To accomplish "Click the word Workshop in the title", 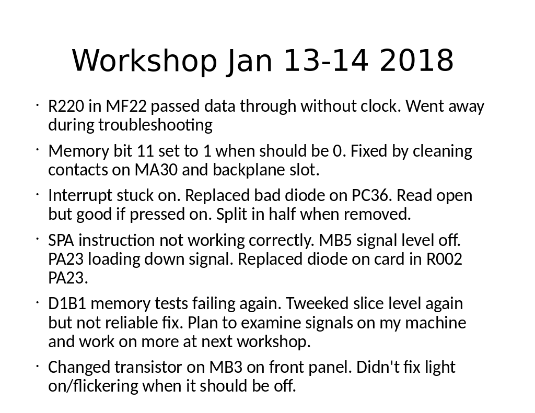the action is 144,61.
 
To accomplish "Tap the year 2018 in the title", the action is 416,61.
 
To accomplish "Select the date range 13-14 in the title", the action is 326,61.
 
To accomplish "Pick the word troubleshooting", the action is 155,125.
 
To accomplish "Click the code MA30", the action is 156,170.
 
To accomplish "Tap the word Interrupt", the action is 80,196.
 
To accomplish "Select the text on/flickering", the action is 93,386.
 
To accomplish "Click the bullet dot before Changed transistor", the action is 37,367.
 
